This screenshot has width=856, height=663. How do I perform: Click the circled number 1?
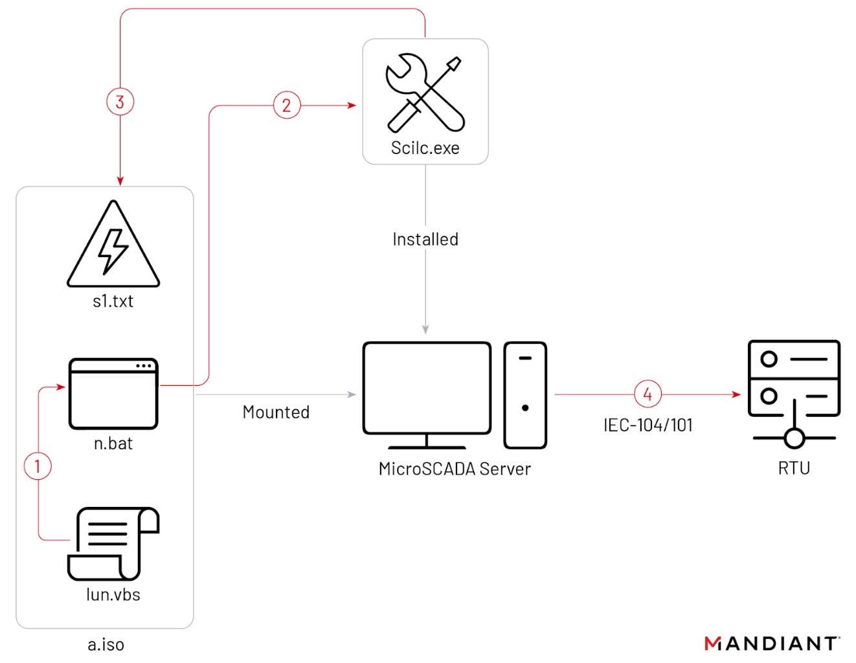coord(38,466)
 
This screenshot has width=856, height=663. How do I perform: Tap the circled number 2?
coord(286,105)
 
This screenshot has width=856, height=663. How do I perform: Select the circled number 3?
coord(120,102)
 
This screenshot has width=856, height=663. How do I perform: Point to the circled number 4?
coord(648,394)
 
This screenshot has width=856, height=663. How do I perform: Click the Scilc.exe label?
coord(425,148)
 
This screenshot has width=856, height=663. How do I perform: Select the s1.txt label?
coord(113,301)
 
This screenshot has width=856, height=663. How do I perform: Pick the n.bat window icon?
coord(113,393)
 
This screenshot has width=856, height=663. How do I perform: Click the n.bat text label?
coord(113,444)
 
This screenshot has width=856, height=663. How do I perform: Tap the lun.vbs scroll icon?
coord(113,544)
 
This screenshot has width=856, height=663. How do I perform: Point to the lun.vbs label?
coord(113,594)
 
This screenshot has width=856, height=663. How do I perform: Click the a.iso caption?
coord(106,644)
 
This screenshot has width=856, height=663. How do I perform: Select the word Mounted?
coord(276,412)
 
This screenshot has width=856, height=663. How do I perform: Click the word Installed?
coord(425,240)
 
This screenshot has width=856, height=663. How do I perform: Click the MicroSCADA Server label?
coord(455,469)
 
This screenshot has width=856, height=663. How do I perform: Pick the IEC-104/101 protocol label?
coord(648,425)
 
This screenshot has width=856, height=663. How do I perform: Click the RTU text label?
coord(794,468)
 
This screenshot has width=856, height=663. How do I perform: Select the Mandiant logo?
coord(771,643)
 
